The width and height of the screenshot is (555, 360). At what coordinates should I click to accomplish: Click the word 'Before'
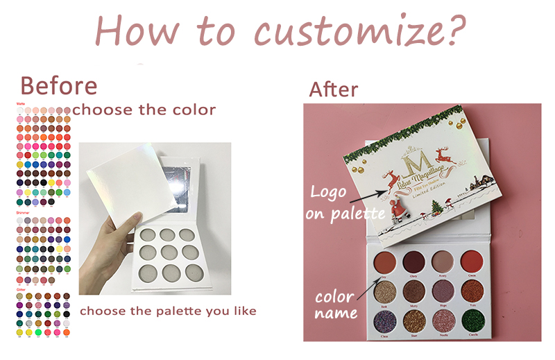58,86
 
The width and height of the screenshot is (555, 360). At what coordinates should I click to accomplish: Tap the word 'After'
334,89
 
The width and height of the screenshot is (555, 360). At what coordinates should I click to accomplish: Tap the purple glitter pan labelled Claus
386,320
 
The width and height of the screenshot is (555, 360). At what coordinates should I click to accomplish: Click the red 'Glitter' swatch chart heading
22,289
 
